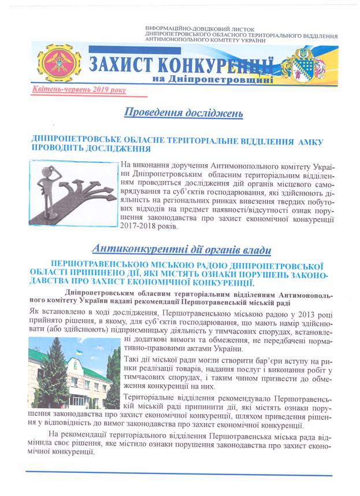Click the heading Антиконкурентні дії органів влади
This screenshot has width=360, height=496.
tap(180, 250)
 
